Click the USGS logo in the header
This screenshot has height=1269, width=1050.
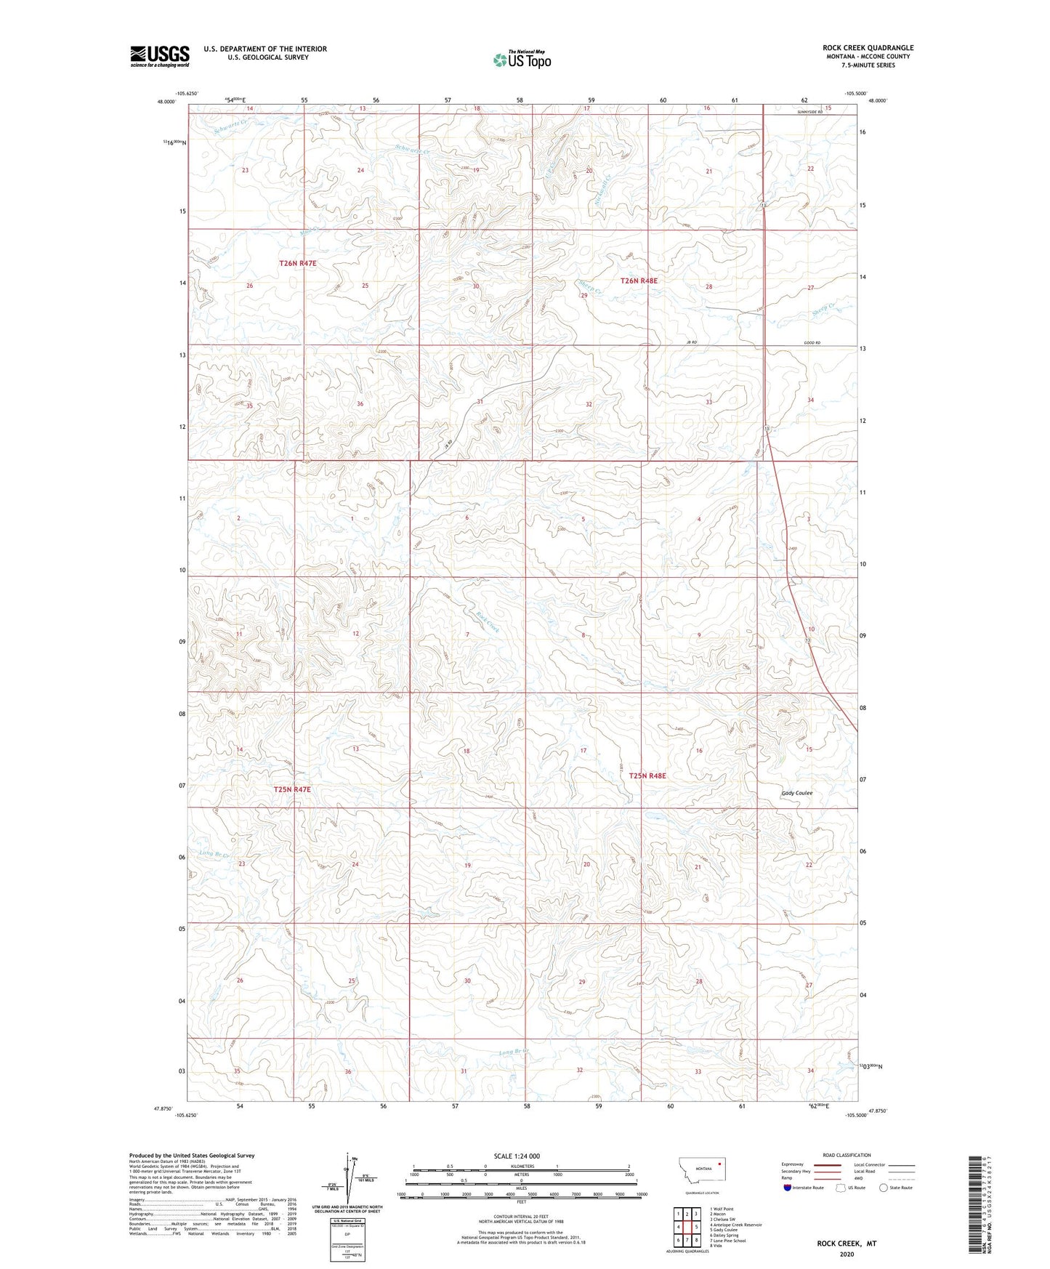tap(160, 56)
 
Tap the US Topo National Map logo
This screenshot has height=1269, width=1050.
tap(522, 60)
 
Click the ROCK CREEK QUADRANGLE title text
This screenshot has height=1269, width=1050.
tap(868, 48)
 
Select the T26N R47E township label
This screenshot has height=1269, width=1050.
tap(297, 263)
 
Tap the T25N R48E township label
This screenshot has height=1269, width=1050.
tap(647, 776)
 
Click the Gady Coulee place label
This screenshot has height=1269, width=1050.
tap(796, 793)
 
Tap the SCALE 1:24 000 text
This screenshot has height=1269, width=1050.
tap(517, 1156)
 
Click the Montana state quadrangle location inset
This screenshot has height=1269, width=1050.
tap(701, 1173)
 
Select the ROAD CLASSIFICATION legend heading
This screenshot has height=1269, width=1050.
tap(847, 1155)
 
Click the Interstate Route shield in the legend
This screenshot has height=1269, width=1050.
tap(788, 1188)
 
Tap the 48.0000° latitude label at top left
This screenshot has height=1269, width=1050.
tap(166, 102)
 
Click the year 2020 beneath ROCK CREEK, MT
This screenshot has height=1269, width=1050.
tap(847, 1254)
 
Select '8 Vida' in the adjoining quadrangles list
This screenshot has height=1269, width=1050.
tap(716, 1246)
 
